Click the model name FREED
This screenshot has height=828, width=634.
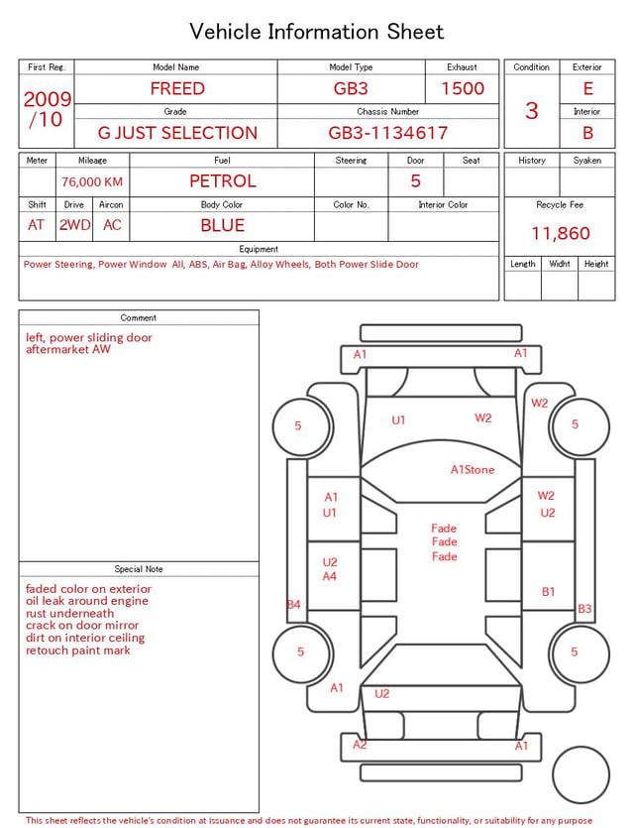pos(177,88)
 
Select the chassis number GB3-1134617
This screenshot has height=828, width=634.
pos(387,133)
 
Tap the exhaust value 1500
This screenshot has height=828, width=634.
pos(463,88)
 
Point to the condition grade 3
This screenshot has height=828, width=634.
pos(532,111)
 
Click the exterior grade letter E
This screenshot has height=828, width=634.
pos(588,88)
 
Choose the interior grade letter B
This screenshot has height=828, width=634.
pos(588,133)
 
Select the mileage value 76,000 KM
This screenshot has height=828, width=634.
pos(92,182)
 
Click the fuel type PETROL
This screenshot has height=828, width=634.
pos(223,181)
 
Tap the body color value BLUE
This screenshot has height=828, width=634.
pos(223,225)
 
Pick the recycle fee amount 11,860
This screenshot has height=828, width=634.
pos(560,233)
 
